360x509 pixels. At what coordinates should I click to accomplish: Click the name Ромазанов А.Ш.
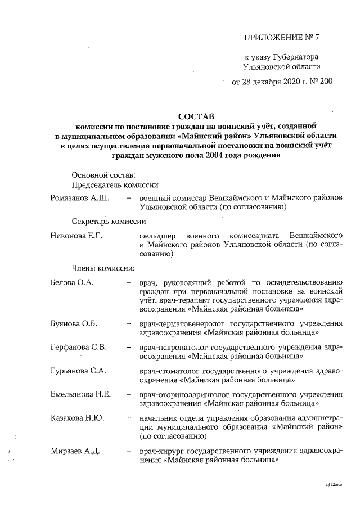(x=80, y=198)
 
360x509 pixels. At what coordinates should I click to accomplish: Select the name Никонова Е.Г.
(x=76, y=235)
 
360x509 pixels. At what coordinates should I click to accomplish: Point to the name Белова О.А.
(x=72, y=281)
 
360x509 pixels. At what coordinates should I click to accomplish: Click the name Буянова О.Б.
(x=74, y=323)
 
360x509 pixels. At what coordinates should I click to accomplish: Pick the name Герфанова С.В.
(x=78, y=346)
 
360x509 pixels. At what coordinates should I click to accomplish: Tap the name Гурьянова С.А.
(x=78, y=370)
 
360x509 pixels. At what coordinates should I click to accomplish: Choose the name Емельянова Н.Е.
(x=80, y=394)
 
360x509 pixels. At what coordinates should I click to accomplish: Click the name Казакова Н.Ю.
(x=76, y=418)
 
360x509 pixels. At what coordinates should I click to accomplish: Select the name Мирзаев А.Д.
(x=75, y=451)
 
